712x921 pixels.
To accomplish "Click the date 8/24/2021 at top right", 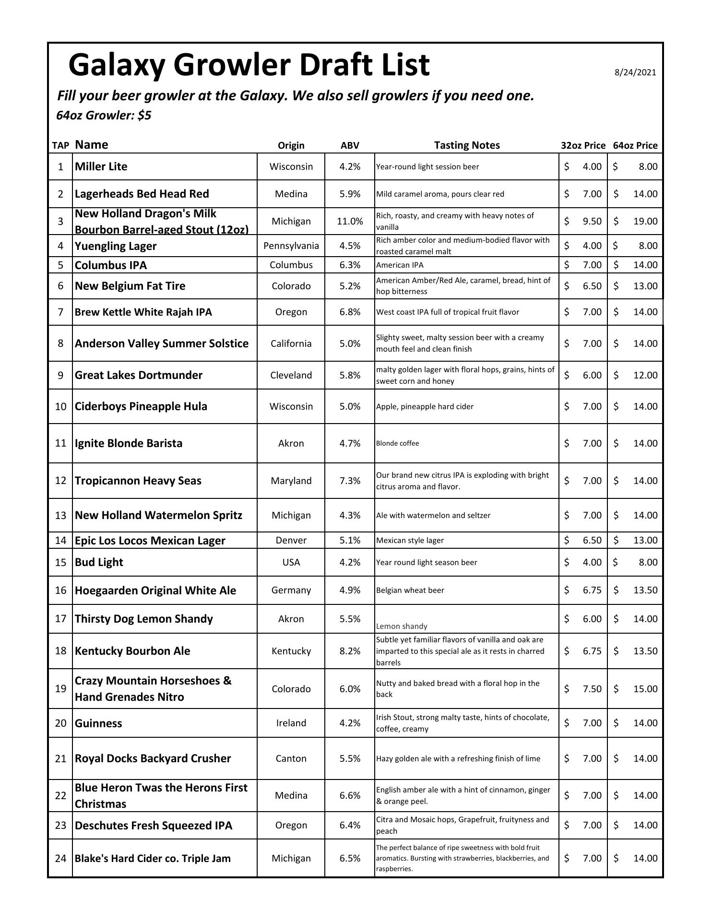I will click(635, 72).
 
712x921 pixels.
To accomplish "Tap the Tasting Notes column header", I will click(466, 145).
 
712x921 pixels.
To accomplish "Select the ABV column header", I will click(350, 145).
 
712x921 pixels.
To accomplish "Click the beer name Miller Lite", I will click(101, 166).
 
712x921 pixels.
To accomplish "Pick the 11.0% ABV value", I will click(350, 221).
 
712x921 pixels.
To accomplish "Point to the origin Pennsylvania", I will click(291, 246).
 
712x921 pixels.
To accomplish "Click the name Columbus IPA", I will click(111, 265).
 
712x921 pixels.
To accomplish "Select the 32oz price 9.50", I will click(592, 221).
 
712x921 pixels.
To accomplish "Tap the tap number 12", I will click(60, 480).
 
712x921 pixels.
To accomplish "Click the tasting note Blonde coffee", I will click(397, 443).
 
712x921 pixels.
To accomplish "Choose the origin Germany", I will click(291, 590).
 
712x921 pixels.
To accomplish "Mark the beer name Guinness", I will click(98, 723).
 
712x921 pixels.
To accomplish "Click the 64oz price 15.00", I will click(645, 689).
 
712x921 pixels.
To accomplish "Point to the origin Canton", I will click(291, 758).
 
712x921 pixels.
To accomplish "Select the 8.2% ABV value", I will click(350, 651).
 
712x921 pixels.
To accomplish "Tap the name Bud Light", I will click(99, 562).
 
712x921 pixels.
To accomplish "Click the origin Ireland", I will click(291, 723).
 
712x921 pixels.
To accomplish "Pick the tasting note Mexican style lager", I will click(410, 540).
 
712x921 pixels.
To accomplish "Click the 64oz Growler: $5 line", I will click(104, 116).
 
